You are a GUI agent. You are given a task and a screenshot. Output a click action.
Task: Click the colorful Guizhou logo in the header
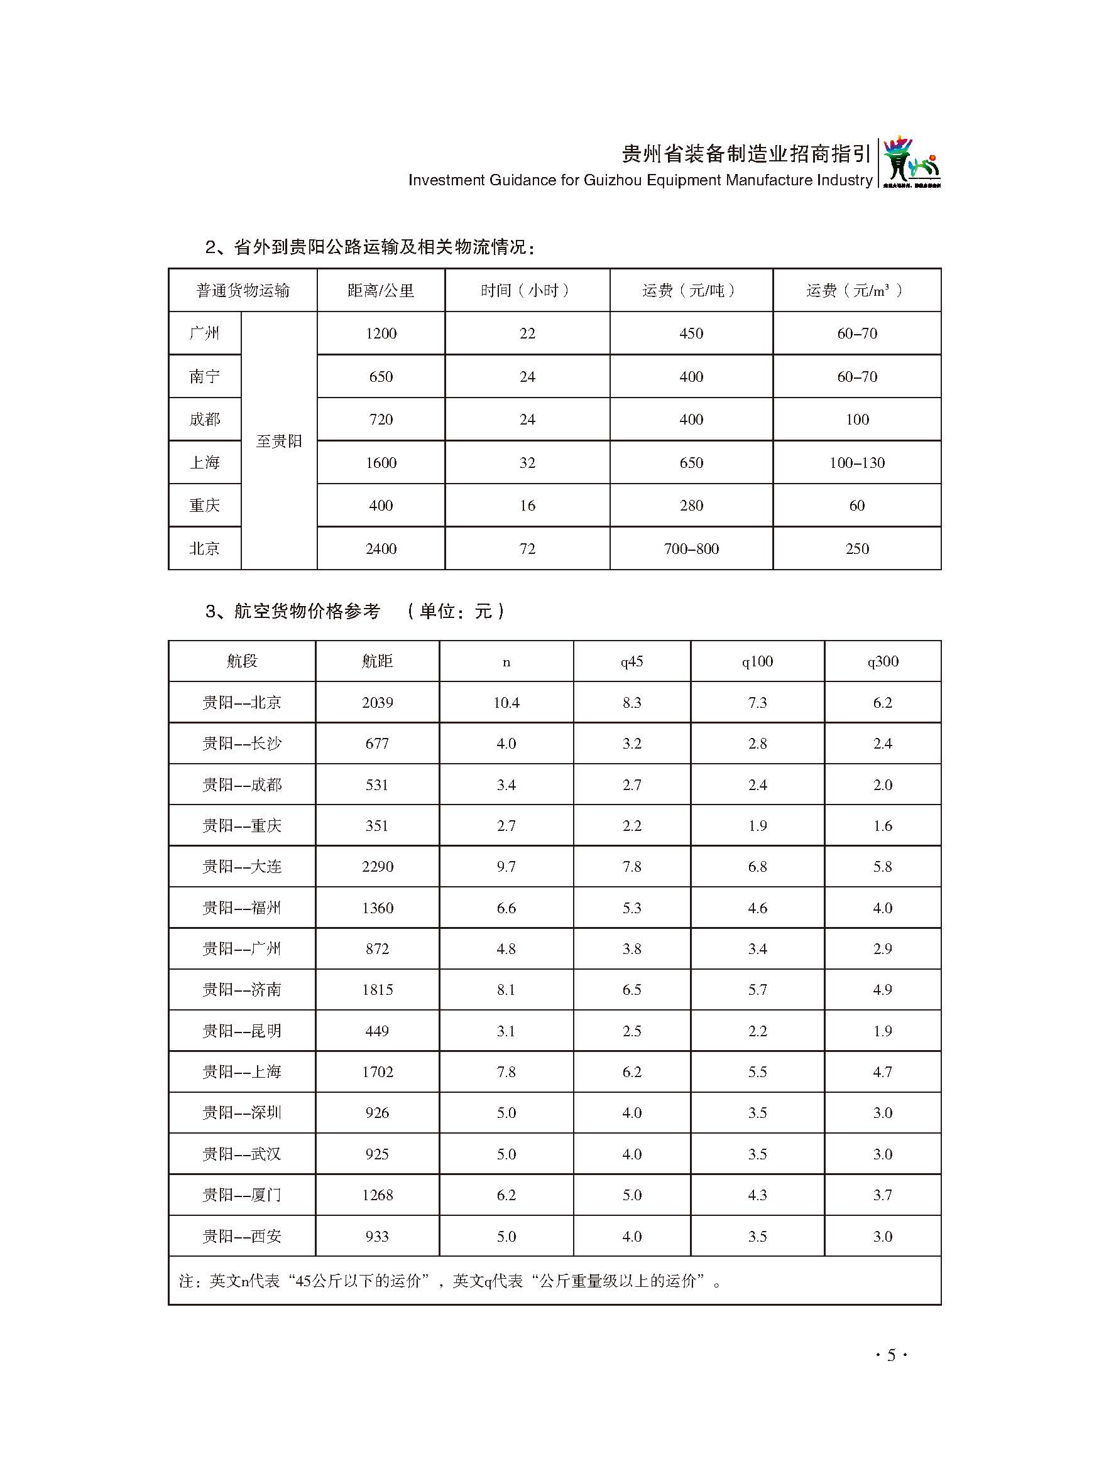tap(911, 163)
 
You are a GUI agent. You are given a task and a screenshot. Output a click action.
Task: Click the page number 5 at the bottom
tap(891, 1355)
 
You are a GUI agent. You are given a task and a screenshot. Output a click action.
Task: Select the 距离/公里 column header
tap(381, 290)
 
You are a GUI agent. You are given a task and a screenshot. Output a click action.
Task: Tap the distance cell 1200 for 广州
tap(381, 333)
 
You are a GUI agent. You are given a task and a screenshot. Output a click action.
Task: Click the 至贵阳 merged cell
tap(279, 441)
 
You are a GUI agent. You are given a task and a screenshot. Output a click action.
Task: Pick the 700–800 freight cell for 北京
tap(691, 548)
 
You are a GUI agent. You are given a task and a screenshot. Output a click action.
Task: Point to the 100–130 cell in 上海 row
tap(856, 463)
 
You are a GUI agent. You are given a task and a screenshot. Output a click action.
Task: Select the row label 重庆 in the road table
tap(204, 506)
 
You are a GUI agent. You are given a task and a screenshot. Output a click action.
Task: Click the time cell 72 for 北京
tap(527, 548)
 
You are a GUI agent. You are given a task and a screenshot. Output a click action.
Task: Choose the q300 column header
tap(882, 661)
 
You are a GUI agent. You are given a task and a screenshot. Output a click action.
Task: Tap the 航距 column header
tap(377, 661)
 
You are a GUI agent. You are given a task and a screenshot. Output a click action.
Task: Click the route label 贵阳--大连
tap(242, 867)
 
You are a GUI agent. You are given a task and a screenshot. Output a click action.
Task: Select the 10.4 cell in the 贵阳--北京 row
tap(506, 703)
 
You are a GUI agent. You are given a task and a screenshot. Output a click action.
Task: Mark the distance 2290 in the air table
tap(377, 867)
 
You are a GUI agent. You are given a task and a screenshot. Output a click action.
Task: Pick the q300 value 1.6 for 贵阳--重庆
tap(882, 825)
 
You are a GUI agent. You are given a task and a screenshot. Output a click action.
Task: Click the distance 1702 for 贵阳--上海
tap(377, 1072)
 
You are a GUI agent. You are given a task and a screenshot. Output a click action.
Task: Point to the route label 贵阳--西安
tap(242, 1236)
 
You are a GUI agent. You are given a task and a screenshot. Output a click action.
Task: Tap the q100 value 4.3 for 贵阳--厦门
tap(757, 1195)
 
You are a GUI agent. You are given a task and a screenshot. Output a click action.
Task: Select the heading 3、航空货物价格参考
tap(292, 611)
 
